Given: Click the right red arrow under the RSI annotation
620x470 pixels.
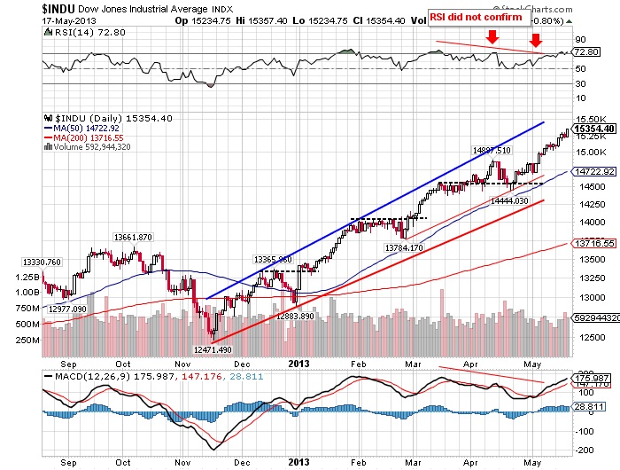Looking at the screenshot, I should point(536,40).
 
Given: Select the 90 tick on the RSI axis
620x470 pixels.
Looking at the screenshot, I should point(581,40).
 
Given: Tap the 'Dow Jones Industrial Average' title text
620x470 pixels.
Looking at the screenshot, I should point(132,8).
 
